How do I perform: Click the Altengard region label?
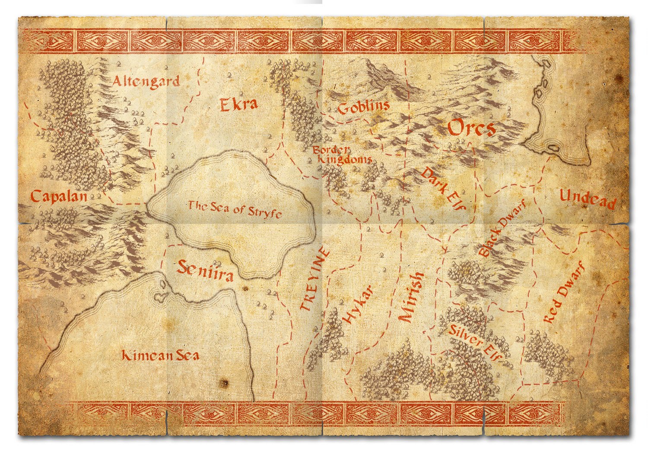coord(146,81)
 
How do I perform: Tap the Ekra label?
coord(239,104)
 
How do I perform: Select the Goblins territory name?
coord(363,107)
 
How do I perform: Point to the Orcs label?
coord(471,128)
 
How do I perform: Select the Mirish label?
coord(411,298)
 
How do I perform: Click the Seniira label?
coord(205,271)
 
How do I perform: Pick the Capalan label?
coord(59,197)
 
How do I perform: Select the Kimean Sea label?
coord(160,355)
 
